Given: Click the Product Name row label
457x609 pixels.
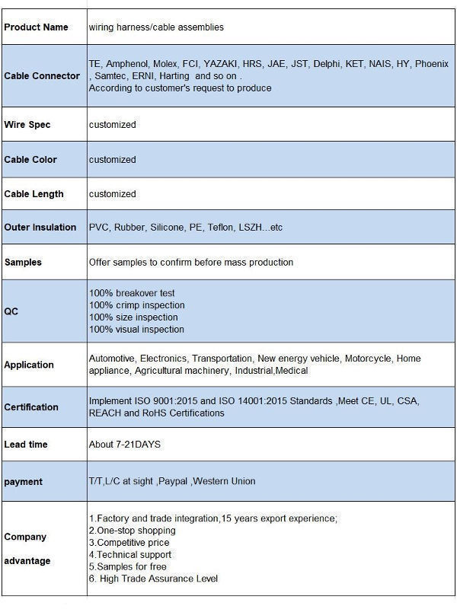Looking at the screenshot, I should (x=36, y=27).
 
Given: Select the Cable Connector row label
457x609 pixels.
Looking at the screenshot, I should (x=42, y=76).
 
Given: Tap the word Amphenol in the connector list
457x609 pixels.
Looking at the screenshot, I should (x=127, y=64).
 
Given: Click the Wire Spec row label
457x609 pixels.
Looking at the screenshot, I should (x=27, y=125).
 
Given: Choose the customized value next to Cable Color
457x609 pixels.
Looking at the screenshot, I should (x=113, y=160).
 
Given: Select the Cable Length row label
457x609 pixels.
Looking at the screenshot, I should (x=34, y=194).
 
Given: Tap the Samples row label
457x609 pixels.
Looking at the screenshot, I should (x=23, y=263).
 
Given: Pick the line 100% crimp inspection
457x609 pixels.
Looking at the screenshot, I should (x=137, y=305).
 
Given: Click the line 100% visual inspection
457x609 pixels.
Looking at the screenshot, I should (x=137, y=330).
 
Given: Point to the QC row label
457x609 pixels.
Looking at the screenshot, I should (x=11, y=311).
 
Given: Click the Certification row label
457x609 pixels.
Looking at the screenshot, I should (x=31, y=407).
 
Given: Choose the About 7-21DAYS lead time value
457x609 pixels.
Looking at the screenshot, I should (x=125, y=445).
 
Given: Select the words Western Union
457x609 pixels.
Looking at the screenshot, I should (x=225, y=481).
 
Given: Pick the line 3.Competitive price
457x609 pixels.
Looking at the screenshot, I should (x=130, y=543).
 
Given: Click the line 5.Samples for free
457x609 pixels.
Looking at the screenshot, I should (x=128, y=567).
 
